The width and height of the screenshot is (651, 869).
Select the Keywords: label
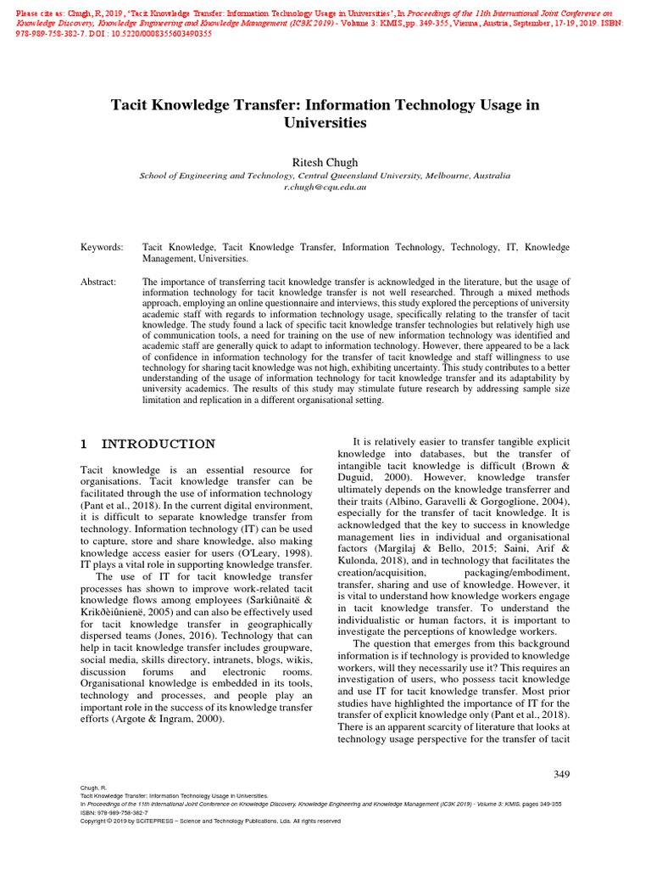[x=102, y=247]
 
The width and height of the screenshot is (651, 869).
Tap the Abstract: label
[x=98, y=282]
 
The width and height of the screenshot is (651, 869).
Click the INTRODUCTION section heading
[x=159, y=444]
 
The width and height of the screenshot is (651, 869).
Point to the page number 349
[x=560, y=774]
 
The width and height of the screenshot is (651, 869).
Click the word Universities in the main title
[x=325, y=123]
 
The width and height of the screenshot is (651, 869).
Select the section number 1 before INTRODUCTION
[x=84, y=444]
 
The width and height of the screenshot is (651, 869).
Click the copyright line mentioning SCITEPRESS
[x=210, y=821]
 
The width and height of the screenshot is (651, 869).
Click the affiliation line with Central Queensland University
[x=325, y=176]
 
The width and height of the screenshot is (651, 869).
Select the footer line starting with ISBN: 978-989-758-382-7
[x=114, y=812]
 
